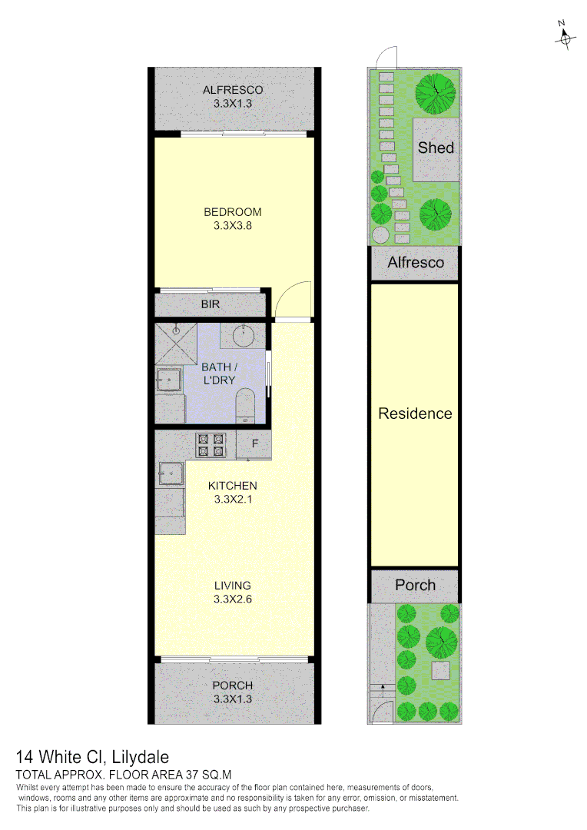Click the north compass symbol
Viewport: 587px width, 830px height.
pos(565,36)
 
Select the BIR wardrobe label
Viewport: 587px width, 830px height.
pos(211,305)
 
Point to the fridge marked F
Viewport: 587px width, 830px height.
pos(254,445)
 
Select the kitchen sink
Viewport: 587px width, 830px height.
pos(170,473)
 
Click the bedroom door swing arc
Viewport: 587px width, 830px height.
pos(295,299)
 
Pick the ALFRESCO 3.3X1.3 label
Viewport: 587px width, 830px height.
pos(233,97)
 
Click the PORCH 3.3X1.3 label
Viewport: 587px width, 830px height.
pos(233,692)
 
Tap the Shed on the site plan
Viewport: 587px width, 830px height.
pos(436,148)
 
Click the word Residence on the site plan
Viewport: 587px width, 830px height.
pos(415,414)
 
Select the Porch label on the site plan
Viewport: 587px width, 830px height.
pos(415,586)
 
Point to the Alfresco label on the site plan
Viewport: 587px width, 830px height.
pos(416,263)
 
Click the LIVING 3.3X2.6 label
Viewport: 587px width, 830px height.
pos(233,593)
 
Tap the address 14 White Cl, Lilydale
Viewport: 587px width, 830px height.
pos(92,758)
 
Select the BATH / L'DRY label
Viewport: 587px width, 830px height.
pos(219,373)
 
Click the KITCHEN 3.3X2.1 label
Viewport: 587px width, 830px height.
pos(233,492)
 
